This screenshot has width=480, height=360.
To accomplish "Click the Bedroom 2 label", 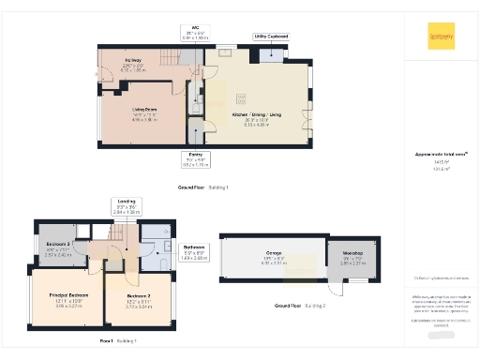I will [x=138, y=300].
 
